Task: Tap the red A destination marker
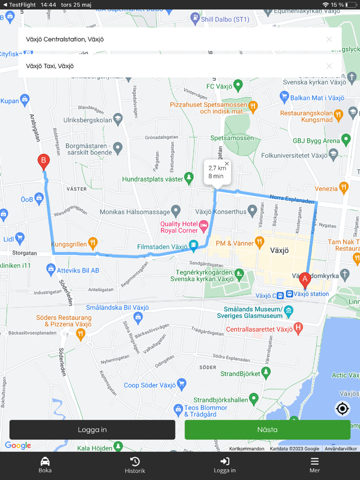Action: point(304,280)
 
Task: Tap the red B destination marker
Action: point(44,161)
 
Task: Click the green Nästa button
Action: point(267,430)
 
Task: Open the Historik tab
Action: point(135,465)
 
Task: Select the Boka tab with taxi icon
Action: point(45,465)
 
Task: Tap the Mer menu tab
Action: point(314,465)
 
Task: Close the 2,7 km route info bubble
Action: point(227,164)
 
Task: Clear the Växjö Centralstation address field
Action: point(329,39)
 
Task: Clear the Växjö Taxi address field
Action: point(329,66)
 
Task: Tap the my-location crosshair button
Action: point(343,409)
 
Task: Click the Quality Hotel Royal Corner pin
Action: point(204,225)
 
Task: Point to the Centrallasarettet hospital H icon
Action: point(298,328)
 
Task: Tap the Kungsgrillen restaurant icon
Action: point(93,242)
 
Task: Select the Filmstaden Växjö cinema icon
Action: point(193,246)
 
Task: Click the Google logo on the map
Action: point(18,446)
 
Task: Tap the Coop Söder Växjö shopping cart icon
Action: point(181,383)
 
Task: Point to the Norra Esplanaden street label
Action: point(292,198)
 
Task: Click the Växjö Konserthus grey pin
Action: point(252,210)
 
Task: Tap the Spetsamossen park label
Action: point(232,138)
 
